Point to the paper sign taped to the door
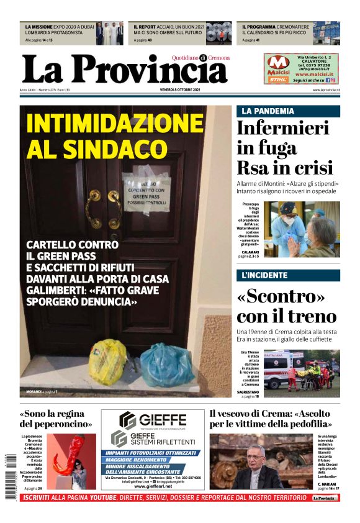[x=146, y=191]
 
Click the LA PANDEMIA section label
[x=268, y=111]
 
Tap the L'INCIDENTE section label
[x=264, y=275]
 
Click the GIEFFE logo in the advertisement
[x=153, y=419]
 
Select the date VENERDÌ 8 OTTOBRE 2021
[x=179, y=91]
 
